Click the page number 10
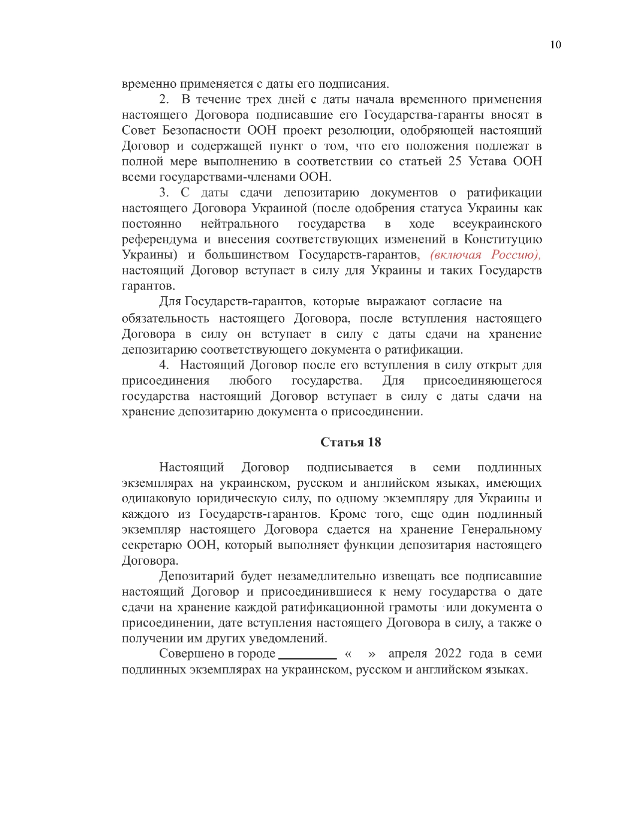point(555,45)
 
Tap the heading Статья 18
point(351,442)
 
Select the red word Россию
point(516,255)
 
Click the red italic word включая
point(456,255)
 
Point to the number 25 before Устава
point(454,162)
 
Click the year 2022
point(448,653)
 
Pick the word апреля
point(408,653)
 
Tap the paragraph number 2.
point(164,100)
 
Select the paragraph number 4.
point(164,365)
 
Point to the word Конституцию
point(503,239)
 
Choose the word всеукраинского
point(497,224)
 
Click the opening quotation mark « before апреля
point(348,654)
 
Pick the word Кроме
point(348,514)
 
